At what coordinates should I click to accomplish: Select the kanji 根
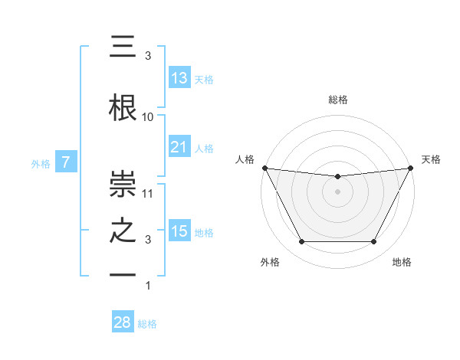(x=123, y=108)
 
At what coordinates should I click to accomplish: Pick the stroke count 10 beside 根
(x=148, y=117)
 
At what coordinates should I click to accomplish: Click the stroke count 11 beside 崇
(x=148, y=194)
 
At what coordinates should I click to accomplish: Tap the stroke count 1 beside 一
(x=148, y=286)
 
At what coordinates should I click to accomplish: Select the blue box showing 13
(x=179, y=77)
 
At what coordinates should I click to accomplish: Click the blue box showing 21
(x=179, y=146)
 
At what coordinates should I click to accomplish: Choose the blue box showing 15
(x=179, y=231)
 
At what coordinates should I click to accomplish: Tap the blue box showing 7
(x=67, y=162)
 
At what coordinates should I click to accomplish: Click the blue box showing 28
(x=123, y=322)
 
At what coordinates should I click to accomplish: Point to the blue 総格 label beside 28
(x=148, y=324)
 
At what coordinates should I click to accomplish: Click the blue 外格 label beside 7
(x=41, y=163)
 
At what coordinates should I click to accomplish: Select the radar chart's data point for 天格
(x=411, y=168)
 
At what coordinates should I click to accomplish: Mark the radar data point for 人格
(x=264, y=168)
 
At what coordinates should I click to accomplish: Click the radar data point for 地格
(x=374, y=242)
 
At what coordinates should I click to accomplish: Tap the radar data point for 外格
(x=301, y=242)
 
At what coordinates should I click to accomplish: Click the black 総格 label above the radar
(x=338, y=100)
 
